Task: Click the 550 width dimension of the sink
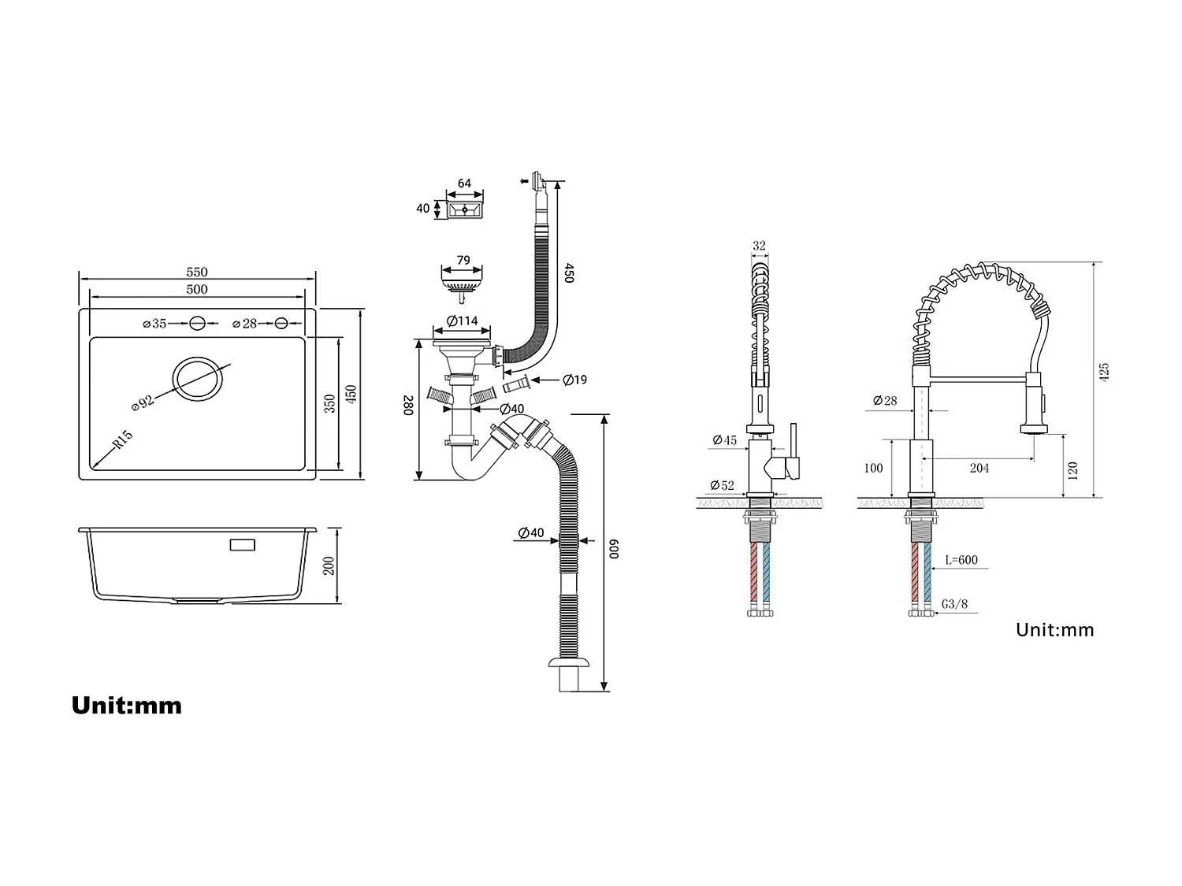tap(197, 272)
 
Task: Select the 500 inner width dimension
tap(197, 289)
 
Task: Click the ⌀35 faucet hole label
tap(155, 324)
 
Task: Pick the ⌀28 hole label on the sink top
tap(245, 324)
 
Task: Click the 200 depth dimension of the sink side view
tap(329, 565)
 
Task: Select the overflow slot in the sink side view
tap(242, 544)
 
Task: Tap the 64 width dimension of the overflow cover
tap(464, 184)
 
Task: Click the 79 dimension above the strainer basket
tap(463, 261)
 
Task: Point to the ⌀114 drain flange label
tap(462, 321)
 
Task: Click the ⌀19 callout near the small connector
tap(574, 380)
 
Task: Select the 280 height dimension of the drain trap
tap(408, 406)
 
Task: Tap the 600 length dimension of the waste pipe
tap(615, 550)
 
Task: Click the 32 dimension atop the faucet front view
tap(759, 246)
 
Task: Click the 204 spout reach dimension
tap(979, 468)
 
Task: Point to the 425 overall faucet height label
tap(1104, 373)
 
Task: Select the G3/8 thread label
tap(954, 604)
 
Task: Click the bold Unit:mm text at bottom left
tap(127, 705)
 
